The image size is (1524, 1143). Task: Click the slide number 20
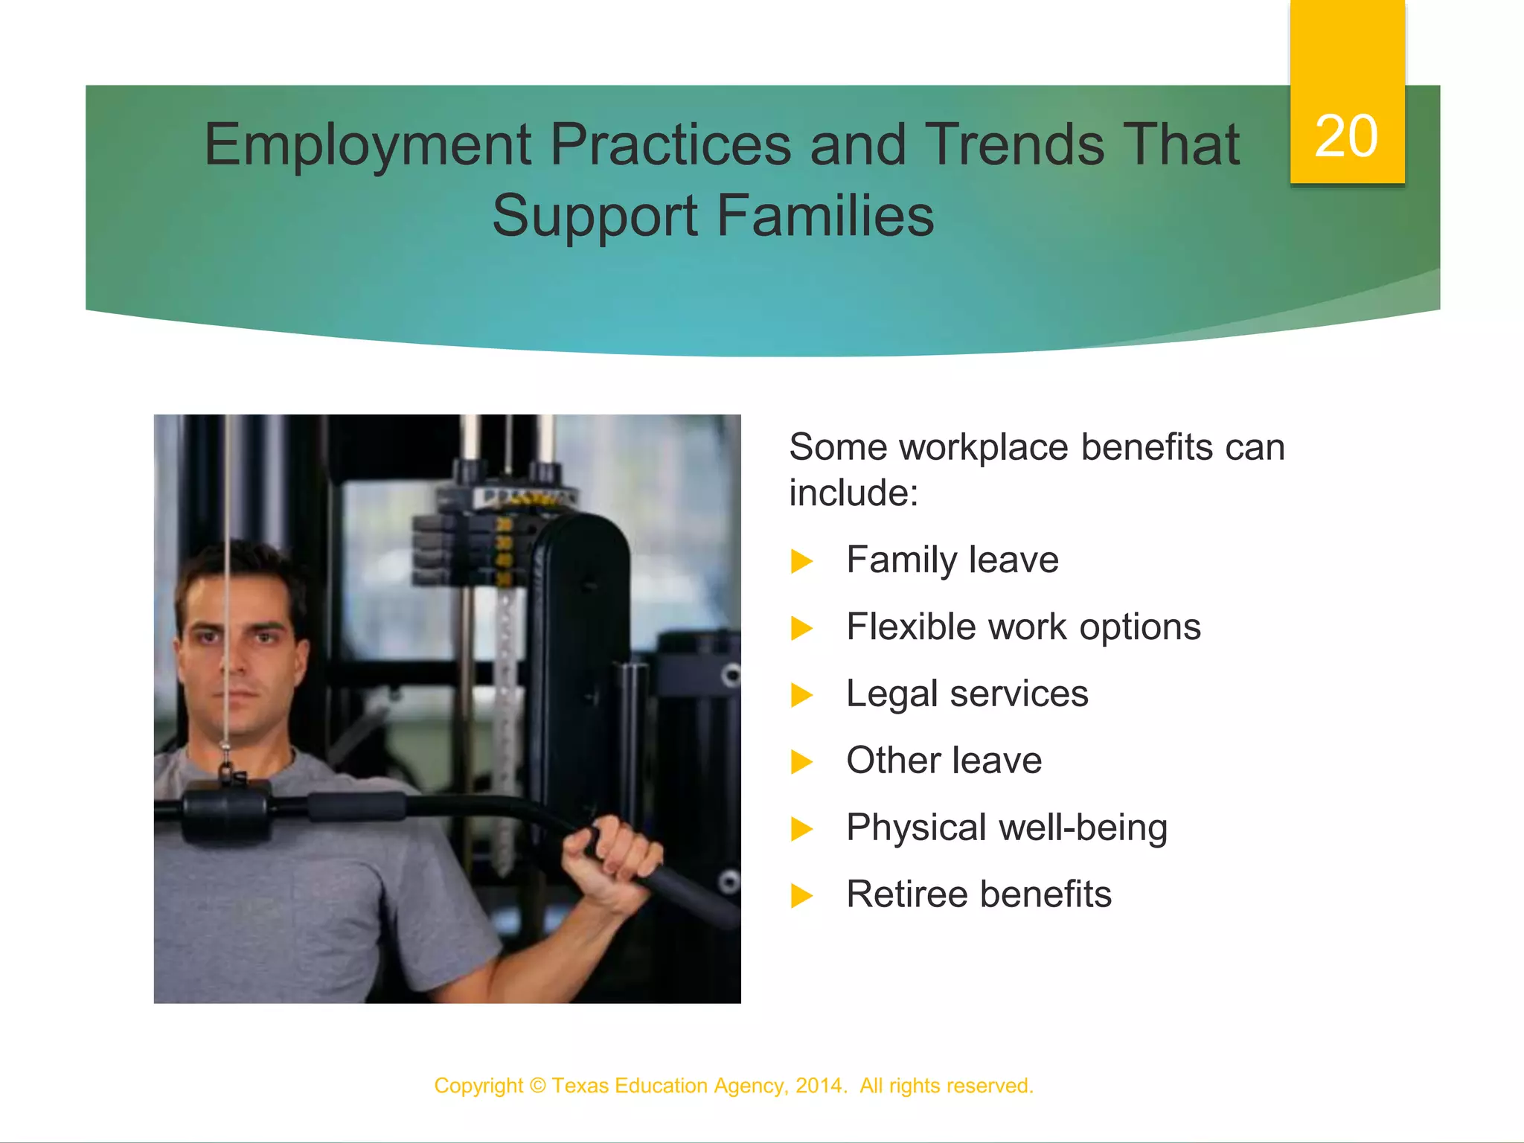tap(1345, 136)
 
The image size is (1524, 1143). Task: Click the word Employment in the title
tap(368, 145)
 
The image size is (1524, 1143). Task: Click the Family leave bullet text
tap(952, 560)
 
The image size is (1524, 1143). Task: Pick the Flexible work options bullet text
tap(1023, 627)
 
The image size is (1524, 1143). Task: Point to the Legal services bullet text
tap(967, 694)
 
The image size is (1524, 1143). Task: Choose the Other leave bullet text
tap(944, 761)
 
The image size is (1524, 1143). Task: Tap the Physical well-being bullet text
tap(1006, 828)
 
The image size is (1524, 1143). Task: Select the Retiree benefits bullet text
tap(979, 894)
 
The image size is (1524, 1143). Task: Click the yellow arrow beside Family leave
tap(801, 562)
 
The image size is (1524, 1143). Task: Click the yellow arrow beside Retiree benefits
tap(801, 896)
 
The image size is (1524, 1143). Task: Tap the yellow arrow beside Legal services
tap(801, 696)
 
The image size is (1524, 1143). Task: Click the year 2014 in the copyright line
tap(819, 1086)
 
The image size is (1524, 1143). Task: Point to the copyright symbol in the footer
tap(537, 1086)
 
